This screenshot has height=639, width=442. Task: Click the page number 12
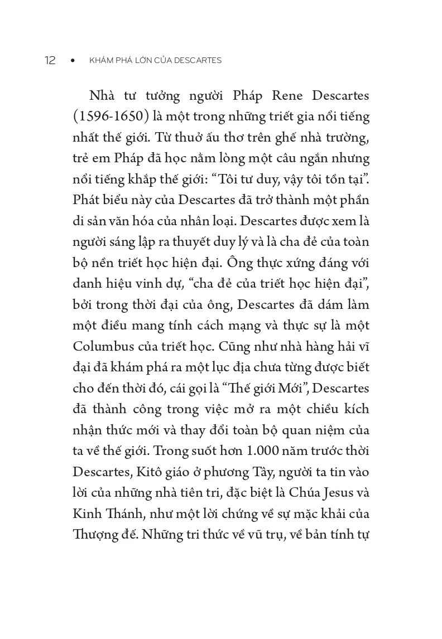click(x=50, y=61)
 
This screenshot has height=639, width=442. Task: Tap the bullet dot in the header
click(x=73, y=61)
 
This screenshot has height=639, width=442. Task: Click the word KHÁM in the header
click(x=99, y=61)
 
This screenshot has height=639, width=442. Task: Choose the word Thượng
click(x=93, y=535)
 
